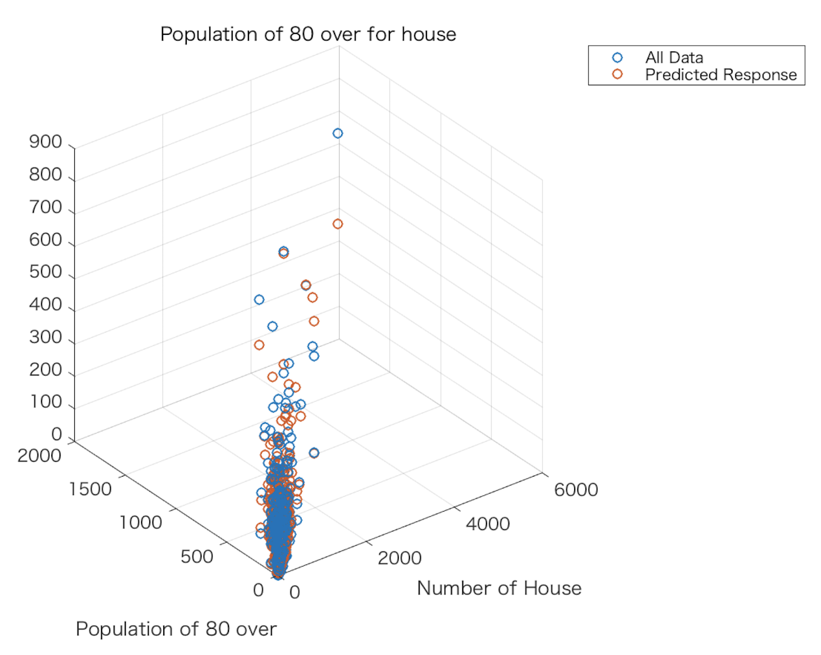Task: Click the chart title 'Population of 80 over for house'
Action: pyautogui.click(x=308, y=34)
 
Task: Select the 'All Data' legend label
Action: pyautogui.click(x=674, y=58)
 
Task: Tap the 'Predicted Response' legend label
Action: pyautogui.click(x=720, y=75)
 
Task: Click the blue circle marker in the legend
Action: pyautogui.click(x=617, y=58)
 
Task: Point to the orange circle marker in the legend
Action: pyautogui.click(x=617, y=74)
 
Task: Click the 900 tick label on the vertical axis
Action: pyautogui.click(x=45, y=142)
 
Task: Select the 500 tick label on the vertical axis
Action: pyautogui.click(x=45, y=272)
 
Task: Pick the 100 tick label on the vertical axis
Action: pyautogui.click(x=45, y=402)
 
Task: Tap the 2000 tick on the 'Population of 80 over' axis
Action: pyautogui.click(x=39, y=455)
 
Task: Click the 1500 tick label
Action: pyautogui.click(x=90, y=489)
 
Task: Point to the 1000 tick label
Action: pyautogui.click(x=141, y=522)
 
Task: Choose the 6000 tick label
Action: pyautogui.click(x=576, y=490)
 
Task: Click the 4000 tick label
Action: pyautogui.click(x=487, y=524)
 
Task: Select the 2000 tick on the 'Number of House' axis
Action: pyautogui.click(x=399, y=558)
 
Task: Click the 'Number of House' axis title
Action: pyautogui.click(x=499, y=588)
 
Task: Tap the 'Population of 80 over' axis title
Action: pyautogui.click(x=176, y=629)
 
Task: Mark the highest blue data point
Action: pyautogui.click(x=338, y=134)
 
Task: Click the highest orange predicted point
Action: pyautogui.click(x=338, y=224)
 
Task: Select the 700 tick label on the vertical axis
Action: pyautogui.click(x=45, y=207)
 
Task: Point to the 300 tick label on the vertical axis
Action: pyautogui.click(x=45, y=337)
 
